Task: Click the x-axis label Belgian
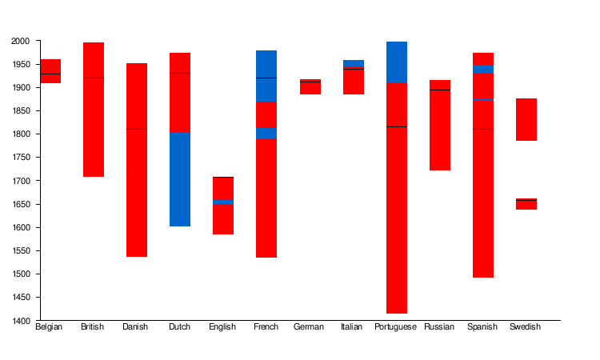click(50, 327)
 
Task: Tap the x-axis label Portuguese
click(396, 327)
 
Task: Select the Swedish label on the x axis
click(526, 327)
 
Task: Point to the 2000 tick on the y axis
click(21, 41)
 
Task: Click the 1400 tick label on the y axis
click(21, 321)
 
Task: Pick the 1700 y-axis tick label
click(21, 181)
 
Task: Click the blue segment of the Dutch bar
click(180, 179)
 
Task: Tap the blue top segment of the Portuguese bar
click(397, 62)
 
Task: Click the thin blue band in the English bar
click(223, 202)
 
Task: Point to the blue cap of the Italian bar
click(354, 63)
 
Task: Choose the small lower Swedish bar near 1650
click(526, 204)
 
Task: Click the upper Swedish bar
click(526, 119)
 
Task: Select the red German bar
click(310, 87)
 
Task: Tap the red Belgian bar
click(50, 71)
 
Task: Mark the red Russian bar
click(440, 126)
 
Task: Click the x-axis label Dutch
click(179, 327)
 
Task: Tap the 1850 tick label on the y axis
click(21, 111)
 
